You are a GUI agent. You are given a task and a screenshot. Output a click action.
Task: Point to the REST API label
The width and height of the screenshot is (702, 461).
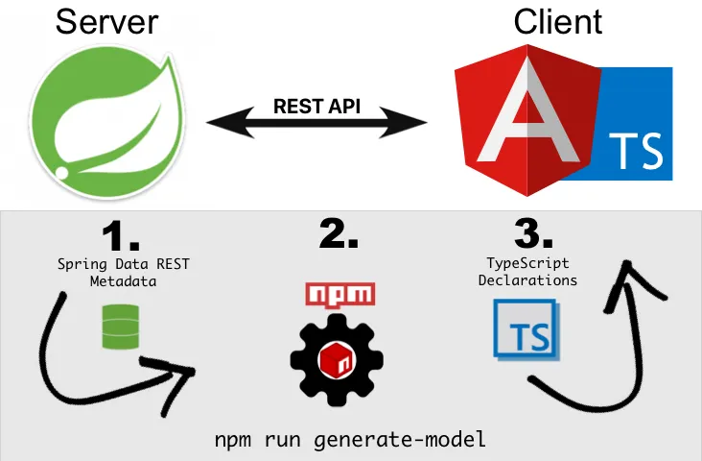[317, 106]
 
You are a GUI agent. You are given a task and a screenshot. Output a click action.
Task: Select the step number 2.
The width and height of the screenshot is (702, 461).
[338, 235]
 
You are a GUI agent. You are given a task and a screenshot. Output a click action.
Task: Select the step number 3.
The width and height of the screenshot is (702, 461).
[534, 235]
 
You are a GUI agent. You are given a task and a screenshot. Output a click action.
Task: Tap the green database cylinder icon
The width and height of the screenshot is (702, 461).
[115, 327]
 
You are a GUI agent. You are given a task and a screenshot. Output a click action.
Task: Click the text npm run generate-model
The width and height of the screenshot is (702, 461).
[350, 441]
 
